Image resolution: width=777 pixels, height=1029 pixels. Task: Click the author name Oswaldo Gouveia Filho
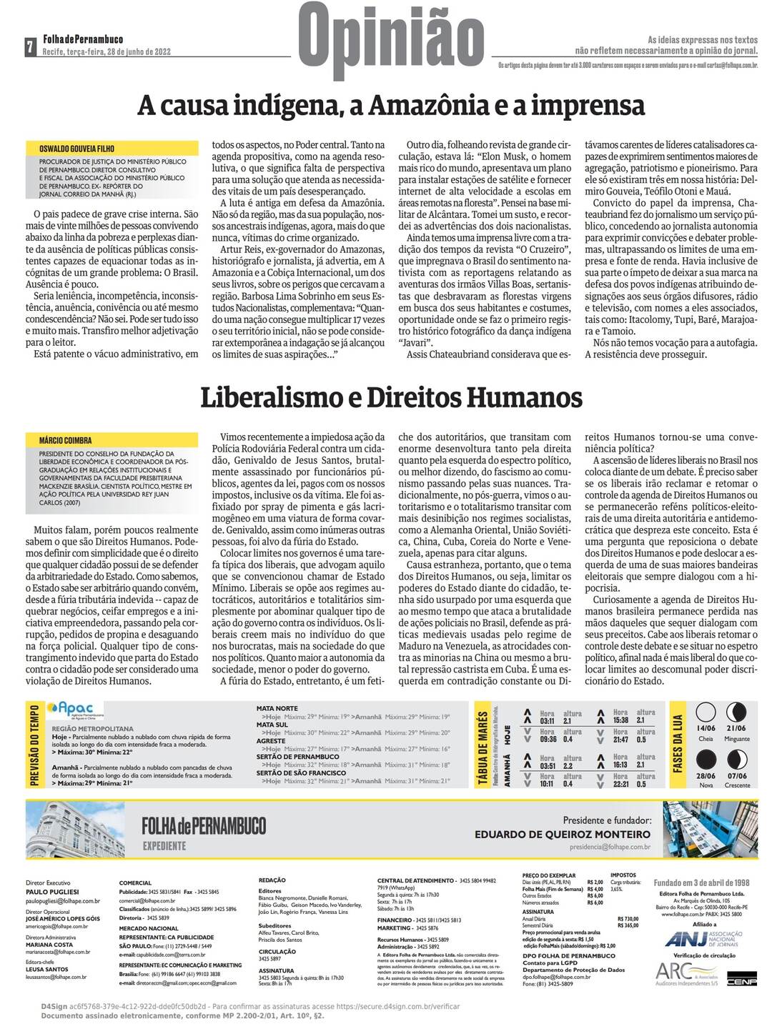[x=76, y=149]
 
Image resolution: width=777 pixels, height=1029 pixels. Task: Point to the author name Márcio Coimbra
[x=66, y=440]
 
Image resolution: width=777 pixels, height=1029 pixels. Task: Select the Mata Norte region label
[x=277, y=708]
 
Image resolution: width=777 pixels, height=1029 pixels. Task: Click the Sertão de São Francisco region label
[x=301, y=772]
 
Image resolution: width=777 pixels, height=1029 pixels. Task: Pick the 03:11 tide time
[x=548, y=721]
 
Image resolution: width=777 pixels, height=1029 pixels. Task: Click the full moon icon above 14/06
[x=706, y=712]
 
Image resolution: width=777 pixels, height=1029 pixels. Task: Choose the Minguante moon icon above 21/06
[x=736, y=712]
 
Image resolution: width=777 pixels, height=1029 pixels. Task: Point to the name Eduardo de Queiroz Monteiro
[x=563, y=834]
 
